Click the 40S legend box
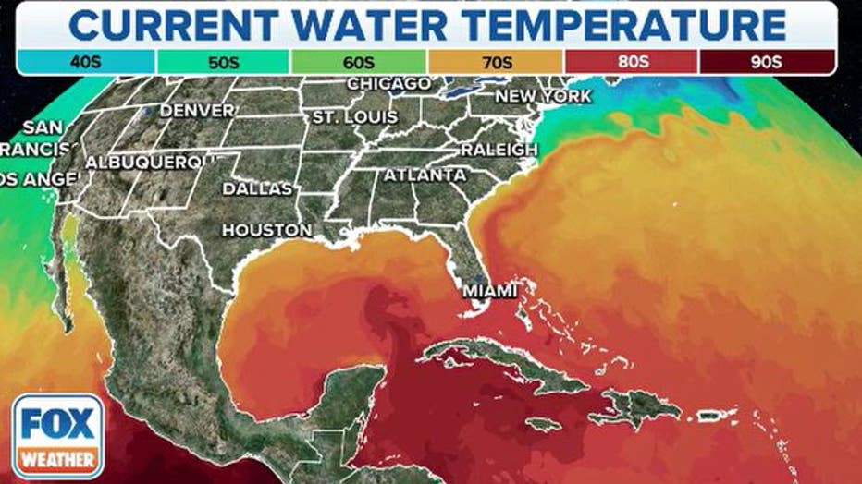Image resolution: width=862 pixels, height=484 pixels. (x=85, y=62)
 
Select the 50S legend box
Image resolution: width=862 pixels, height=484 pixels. (x=223, y=62)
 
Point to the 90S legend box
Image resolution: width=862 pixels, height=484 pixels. (x=768, y=62)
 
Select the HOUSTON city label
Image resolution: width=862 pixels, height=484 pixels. (x=267, y=230)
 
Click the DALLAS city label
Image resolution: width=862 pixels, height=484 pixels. (x=257, y=188)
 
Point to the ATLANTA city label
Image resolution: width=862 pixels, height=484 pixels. (x=425, y=175)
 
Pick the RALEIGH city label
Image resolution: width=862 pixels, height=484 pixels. (x=499, y=149)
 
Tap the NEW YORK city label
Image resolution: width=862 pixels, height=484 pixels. (x=543, y=96)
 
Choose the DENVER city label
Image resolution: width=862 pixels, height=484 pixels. (x=198, y=110)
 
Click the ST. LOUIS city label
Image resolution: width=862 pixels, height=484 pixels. (x=354, y=118)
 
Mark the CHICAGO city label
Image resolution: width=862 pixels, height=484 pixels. (x=388, y=84)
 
